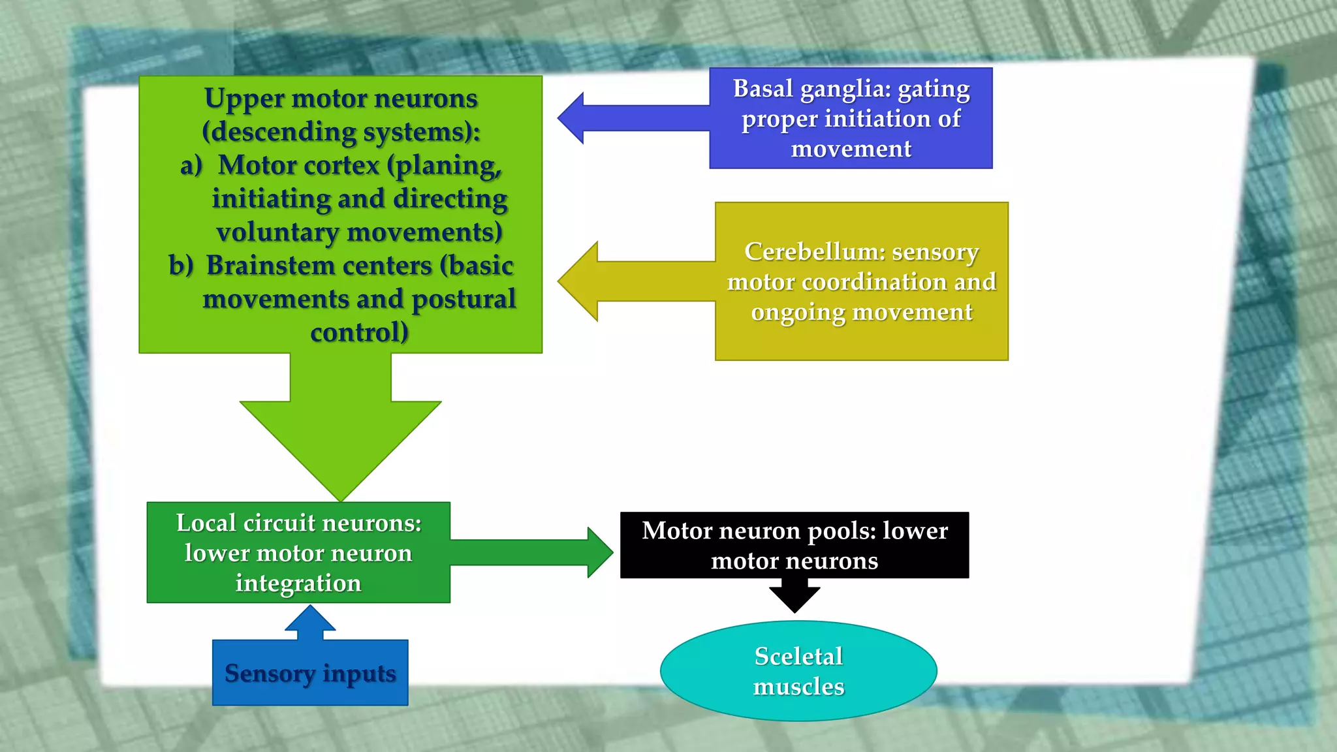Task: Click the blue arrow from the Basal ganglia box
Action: pos(627,118)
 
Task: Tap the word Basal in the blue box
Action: pos(763,89)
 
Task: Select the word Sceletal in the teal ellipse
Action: pos(798,656)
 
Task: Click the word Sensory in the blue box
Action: pos(269,673)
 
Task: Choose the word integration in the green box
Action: pos(298,583)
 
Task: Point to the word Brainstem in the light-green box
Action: pos(319,266)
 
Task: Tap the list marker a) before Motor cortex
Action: pos(191,166)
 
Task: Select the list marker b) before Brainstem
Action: pos(181,266)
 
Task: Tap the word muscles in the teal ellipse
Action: pos(798,687)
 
